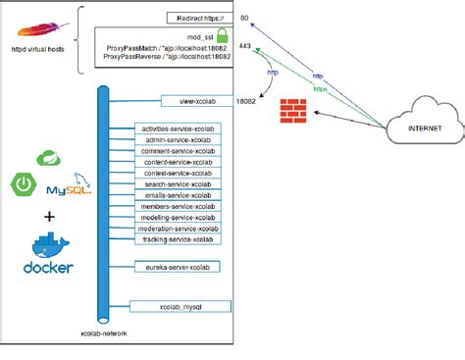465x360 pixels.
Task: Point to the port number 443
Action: [x=244, y=46]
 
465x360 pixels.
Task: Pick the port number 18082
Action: [x=247, y=100]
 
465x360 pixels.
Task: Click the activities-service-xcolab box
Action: [x=178, y=129]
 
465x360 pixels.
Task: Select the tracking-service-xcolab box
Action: [x=178, y=239]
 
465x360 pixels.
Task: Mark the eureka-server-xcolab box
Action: [x=178, y=266]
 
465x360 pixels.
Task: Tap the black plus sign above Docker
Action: [x=49, y=217]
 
